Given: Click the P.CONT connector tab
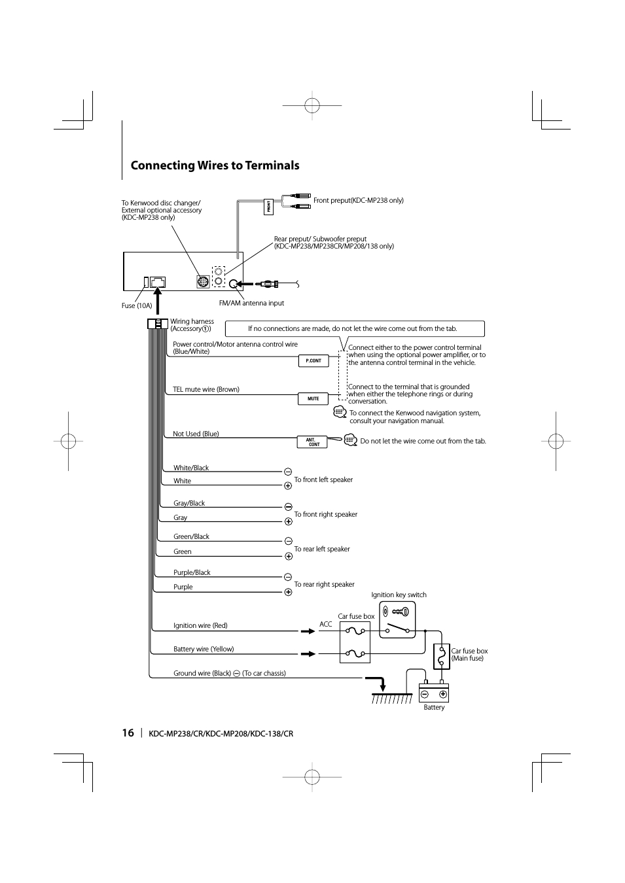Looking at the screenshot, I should tap(313, 360).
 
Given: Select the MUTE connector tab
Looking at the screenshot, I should tap(313, 398).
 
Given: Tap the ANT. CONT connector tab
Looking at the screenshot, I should tap(313, 442).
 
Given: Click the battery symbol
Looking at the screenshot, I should tap(433, 693).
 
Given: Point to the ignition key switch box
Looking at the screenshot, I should tap(397, 619).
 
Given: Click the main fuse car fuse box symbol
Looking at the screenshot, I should tap(442, 656).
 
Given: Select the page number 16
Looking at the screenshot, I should tap(128, 733).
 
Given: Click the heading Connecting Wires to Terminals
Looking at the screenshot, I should tap(215, 165).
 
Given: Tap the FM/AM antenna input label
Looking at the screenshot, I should tap(251, 303).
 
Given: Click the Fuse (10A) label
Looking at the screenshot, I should tap(137, 305).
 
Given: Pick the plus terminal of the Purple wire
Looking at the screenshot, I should tap(288, 592).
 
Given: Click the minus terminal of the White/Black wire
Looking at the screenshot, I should tap(288, 472).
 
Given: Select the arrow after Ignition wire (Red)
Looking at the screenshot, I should tap(308, 631).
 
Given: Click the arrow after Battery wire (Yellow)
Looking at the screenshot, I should tap(308, 653).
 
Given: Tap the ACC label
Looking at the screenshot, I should tap(325, 624).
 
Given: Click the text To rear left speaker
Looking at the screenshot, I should tap(322, 549).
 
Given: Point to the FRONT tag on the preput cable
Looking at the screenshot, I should tap(268, 207).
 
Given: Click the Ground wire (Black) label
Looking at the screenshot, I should tap(202, 673).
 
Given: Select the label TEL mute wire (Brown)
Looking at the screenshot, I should tap(206, 389).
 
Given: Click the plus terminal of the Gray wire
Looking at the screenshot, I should tap(288, 521).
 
